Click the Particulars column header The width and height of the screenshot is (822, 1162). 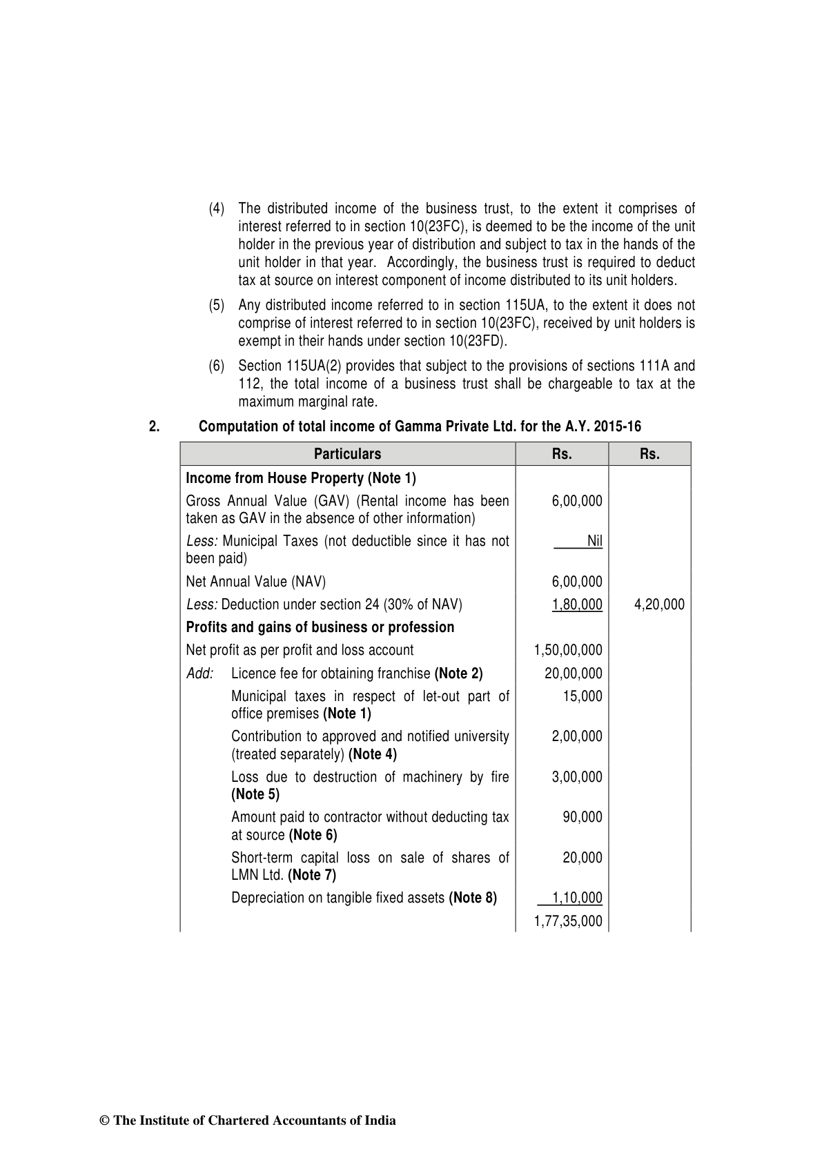pos(347,454)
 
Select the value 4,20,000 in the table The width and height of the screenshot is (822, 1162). pos(659,605)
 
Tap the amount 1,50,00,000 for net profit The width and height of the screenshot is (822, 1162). pos(568,650)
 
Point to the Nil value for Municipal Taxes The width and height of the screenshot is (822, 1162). pos(594,541)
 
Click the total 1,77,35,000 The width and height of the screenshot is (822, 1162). pos(568,921)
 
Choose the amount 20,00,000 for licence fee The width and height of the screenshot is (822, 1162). pos(573,673)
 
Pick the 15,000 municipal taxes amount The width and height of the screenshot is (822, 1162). pos(583,696)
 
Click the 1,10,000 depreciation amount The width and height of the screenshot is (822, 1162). pos(578,898)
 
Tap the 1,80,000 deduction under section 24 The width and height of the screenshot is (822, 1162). pos(577,605)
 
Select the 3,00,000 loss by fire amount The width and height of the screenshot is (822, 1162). pos(577,777)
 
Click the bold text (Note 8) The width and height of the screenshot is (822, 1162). pos(473,898)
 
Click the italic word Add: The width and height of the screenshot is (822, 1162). pos(200,673)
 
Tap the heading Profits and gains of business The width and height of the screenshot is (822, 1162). pos(320,627)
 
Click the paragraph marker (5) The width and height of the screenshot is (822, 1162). pos(217,305)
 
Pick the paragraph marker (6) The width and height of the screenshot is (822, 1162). pos(217,366)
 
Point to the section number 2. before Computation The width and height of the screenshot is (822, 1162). pos(154,426)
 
